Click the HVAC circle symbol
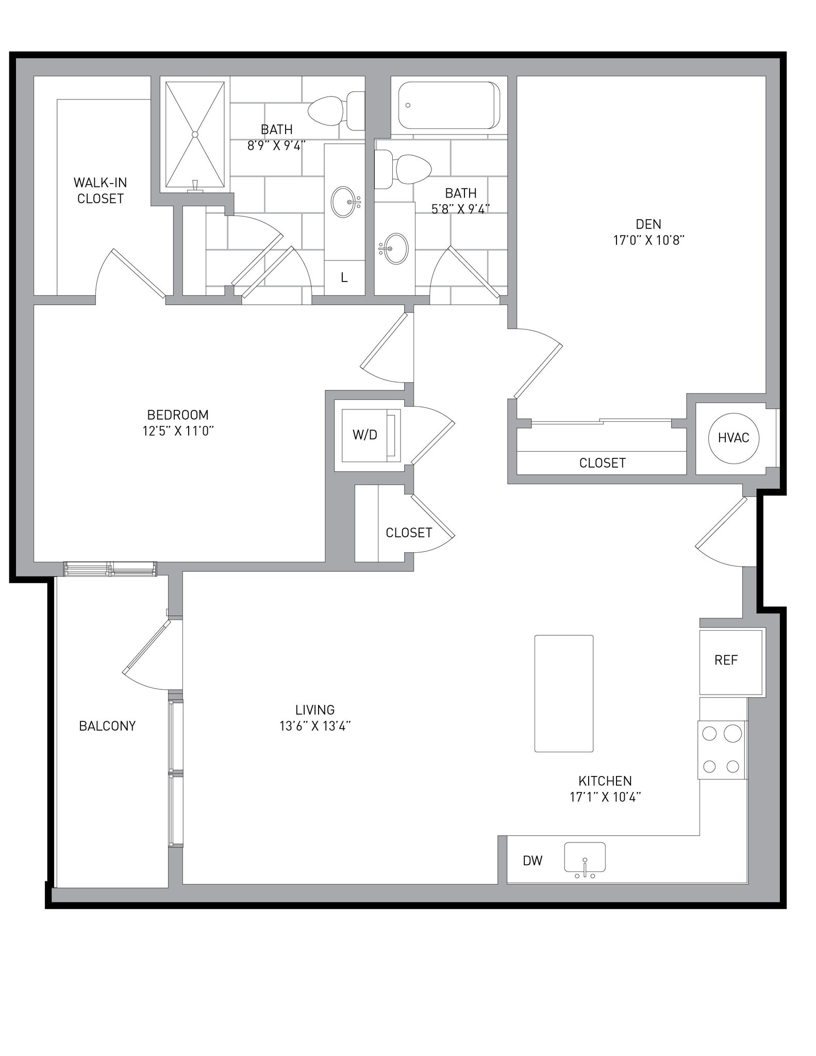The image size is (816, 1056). [733, 438]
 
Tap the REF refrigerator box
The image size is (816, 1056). [730, 662]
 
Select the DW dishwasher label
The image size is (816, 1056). [532, 860]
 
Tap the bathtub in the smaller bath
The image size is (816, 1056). [448, 105]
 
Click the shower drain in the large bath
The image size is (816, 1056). [195, 135]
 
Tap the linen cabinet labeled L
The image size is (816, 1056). [344, 278]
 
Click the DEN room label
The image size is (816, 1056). [648, 224]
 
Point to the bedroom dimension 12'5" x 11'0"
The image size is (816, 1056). [178, 431]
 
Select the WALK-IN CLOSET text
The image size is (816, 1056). [100, 190]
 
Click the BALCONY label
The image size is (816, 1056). [107, 726]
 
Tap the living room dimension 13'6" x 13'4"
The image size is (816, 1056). [315, 726]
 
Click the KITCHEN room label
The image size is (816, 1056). [605, 781]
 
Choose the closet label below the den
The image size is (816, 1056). [602, 463]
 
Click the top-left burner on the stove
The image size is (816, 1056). [709, 733]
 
